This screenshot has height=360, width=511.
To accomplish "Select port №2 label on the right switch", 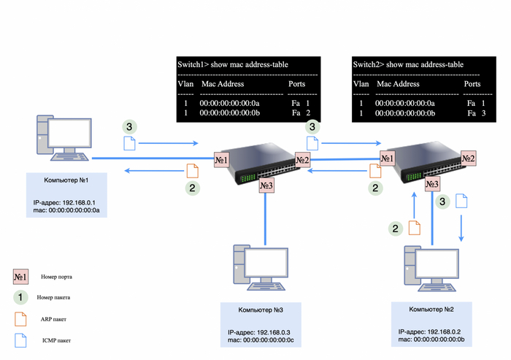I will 468,157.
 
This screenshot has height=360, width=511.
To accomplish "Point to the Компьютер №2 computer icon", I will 431,269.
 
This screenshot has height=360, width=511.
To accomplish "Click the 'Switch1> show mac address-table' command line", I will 233,64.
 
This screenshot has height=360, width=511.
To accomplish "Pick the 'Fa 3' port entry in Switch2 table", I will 475,114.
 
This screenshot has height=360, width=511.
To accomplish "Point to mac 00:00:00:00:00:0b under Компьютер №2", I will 431,339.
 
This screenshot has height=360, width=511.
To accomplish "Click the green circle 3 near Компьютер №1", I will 129,126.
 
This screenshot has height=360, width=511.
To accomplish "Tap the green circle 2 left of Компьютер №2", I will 396,228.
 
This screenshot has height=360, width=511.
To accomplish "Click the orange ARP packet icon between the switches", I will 375,171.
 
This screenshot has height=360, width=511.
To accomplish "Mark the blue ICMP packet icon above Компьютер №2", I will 461,202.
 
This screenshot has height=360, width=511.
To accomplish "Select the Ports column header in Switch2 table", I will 472,84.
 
